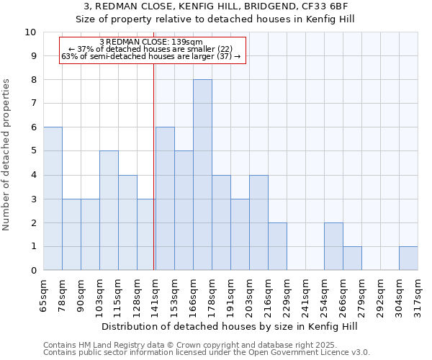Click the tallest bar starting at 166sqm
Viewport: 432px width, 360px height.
(x=202, y=175)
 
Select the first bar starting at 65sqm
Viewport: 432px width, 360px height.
(x=53, y=199)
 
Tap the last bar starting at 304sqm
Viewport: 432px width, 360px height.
(x=408, y=258)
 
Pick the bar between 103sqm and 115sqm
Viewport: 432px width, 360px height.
(x=109, y=210)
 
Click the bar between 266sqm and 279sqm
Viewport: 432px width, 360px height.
(x=352, y=258)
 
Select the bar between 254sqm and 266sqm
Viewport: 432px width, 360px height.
(x=333, y=246)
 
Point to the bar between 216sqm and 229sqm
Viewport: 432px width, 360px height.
(x=277, y=246)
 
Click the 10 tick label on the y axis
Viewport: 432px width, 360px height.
(x=30, y=32)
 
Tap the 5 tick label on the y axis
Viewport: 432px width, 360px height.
(x=32, y=151)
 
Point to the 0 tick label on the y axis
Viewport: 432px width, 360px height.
(x=32, y=271)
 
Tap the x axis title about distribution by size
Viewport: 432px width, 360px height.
(x=230, y=326)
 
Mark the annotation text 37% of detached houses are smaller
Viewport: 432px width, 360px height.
(x=154, y=49)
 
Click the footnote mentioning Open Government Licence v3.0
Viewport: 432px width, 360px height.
(x=206, y=353)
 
